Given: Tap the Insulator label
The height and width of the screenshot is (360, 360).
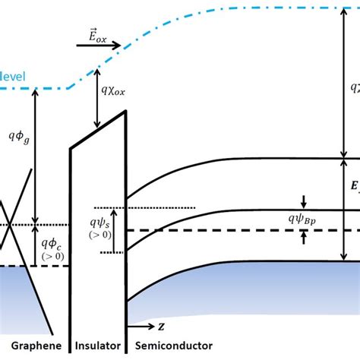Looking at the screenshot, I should (x=97, y=346).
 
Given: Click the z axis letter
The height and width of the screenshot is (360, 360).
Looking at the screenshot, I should (x=162, y=327).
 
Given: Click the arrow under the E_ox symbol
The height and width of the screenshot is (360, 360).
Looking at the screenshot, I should (x=99, y=45).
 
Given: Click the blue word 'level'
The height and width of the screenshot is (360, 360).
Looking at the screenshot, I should (x=13, y=77).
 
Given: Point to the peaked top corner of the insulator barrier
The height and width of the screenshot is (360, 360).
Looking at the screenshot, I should (x=124, y=115).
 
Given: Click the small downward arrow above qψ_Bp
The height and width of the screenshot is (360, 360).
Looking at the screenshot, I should (x=303, y=201).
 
